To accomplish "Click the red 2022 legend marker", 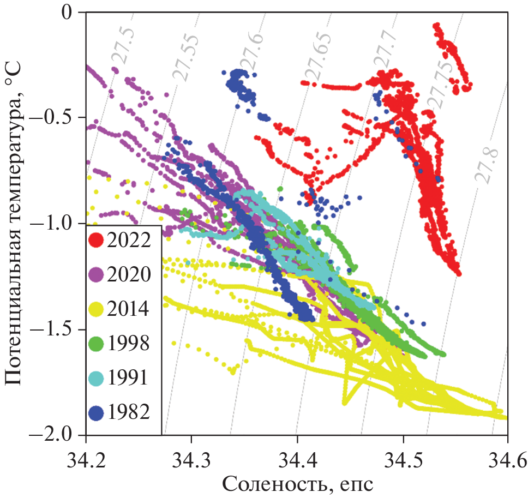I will point(97,240).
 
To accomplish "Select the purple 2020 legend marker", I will point(97,274).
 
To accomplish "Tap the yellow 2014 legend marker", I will point(97,309).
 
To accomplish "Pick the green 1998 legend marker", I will point(97,343).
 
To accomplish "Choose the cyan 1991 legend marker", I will point(97,377).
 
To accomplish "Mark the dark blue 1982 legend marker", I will point(97,412).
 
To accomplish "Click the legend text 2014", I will point(129,309).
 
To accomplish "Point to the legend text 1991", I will point(129,377).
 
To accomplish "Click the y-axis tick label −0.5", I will point(54,118).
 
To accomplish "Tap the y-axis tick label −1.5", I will point(54,330).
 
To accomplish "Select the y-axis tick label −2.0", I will point(54,436).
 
